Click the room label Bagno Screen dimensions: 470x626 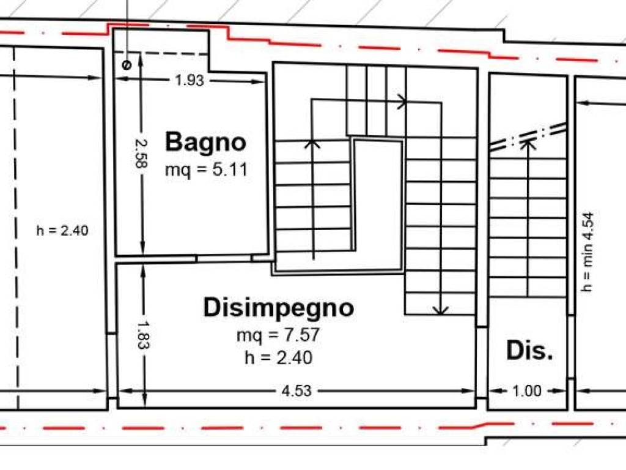[206, 142]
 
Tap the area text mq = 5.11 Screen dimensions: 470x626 [206, 170]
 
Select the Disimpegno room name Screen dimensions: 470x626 [278, 307]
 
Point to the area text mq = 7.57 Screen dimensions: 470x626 [278, 335]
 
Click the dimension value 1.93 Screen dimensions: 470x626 [189, 80]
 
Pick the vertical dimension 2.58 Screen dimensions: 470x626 [141, 154]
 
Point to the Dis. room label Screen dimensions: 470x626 [529, 351]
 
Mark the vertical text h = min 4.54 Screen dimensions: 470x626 [587, 251]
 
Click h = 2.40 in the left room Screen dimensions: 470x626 [62, 231]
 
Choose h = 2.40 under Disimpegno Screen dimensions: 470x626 [278, 357]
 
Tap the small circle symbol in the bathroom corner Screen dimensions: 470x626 [127, 64]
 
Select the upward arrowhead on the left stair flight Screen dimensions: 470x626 [312, 143]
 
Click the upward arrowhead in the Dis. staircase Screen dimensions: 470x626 [528, 144]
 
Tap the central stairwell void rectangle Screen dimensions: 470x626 [378, 202]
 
